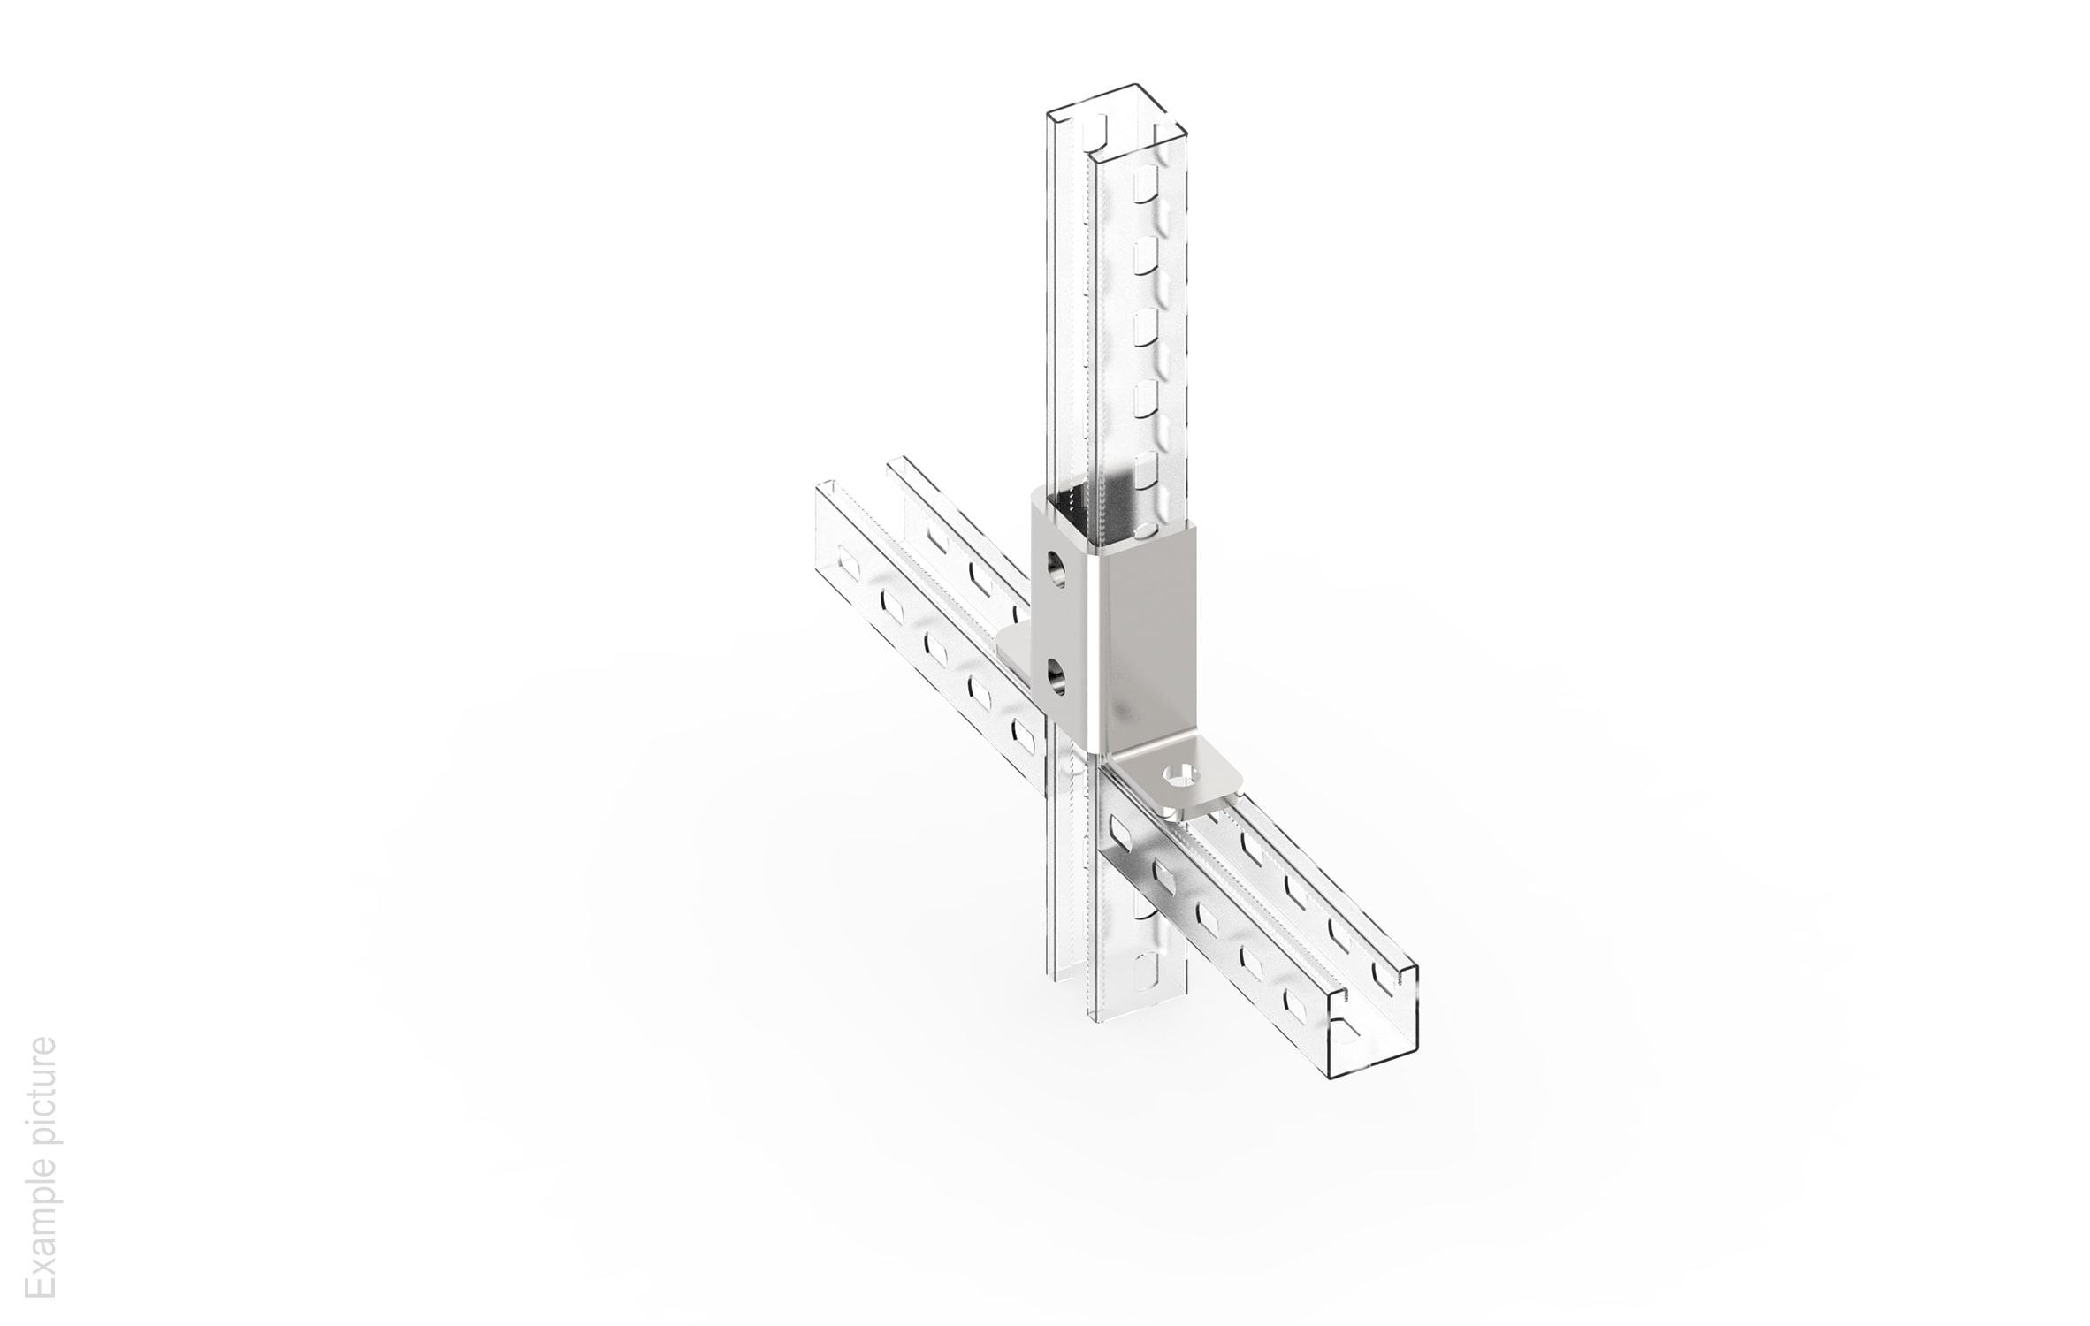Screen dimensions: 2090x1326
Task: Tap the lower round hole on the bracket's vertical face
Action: point(1055,679)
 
